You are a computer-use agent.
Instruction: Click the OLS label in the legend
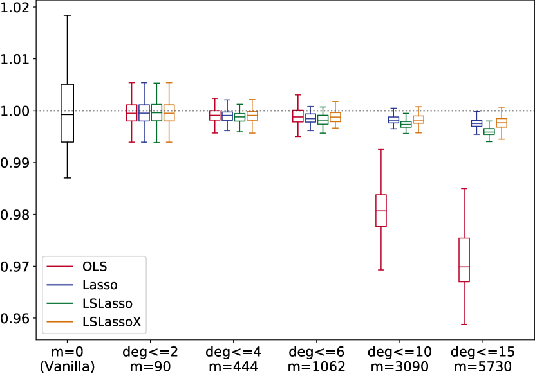tap(95, 267)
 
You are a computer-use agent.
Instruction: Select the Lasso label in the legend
tap(100, 285)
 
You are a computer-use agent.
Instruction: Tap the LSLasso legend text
tap(107, 304)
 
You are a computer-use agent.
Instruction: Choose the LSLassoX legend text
tap(111, 323)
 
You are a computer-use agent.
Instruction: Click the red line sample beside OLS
tap(60, 267)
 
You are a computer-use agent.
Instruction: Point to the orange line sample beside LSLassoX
tap(60, 323)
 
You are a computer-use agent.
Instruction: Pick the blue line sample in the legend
tap(60, 285)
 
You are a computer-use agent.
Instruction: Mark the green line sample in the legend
tap(60, 304)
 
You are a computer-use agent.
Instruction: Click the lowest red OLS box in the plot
tap(464, 260)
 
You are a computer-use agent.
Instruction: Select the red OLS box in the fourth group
tap(381, 210)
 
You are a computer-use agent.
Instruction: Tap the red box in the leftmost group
tap(131, 113)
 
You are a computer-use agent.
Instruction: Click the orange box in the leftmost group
tap(169, 113)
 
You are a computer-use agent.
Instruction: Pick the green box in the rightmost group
tap(489, 132)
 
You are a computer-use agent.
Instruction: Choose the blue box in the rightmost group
tap(476, 123)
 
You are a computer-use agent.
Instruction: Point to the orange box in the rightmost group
tap(502, 123)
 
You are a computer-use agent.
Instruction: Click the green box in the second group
tap(239, 117)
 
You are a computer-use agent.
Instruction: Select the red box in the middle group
tap(297, 116)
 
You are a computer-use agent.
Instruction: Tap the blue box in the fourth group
tap(393, 120)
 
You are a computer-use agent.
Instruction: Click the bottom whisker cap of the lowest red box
tap(464, 324)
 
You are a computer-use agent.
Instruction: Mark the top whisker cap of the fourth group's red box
tap(381, 150)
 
